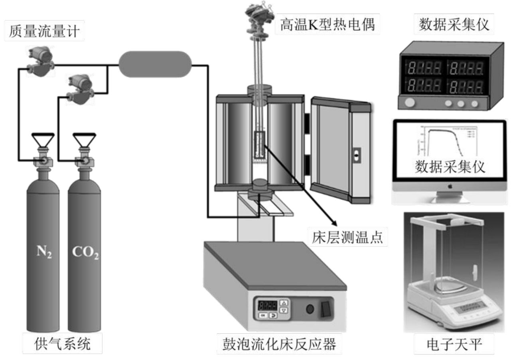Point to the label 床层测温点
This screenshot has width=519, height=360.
(347, 238)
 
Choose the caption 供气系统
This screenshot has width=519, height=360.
(63, 344)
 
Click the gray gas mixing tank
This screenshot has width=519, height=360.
(155, 64)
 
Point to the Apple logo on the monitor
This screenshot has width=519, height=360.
(449, 186)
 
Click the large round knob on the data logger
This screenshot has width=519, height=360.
(410, 103)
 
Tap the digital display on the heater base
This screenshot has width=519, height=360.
(267, 306)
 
